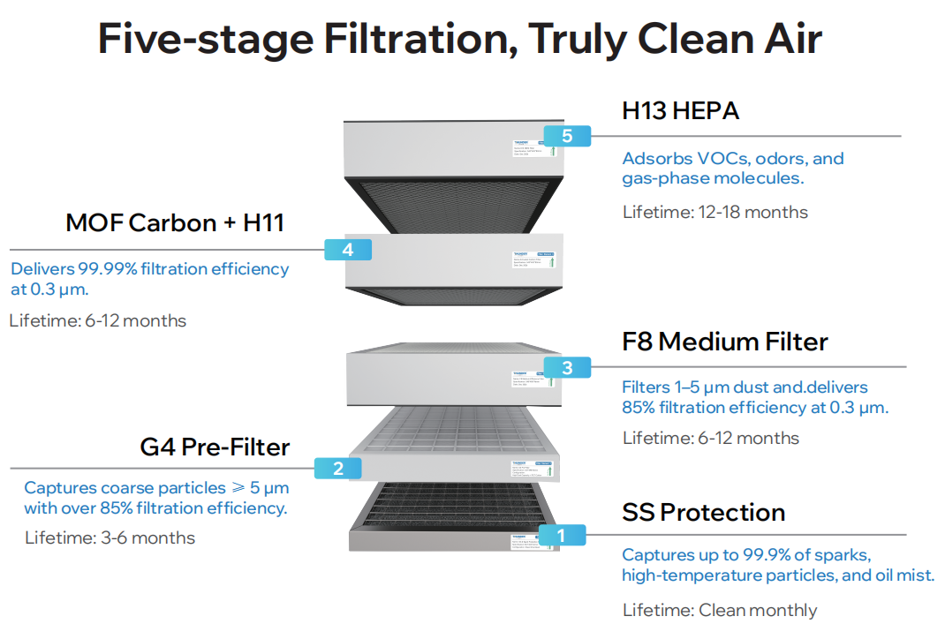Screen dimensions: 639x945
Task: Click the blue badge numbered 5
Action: pyautogui.click(x=567, y=136)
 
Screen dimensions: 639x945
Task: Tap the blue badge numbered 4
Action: pyautogui.click(x=347, y=250)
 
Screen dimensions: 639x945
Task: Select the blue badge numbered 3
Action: pyautogui.click(x=567, y=368)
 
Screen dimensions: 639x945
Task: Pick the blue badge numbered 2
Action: pyautogui.click(x=337, y=469)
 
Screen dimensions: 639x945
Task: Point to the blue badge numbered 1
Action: pyautogui.click(x=559, y=535)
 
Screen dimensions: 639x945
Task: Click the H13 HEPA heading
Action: pyautogui.click(x=680, y=111)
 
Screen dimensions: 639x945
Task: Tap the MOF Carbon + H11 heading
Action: pyautogui.click(x=175, y=222)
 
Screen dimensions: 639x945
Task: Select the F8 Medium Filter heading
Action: pyautogui.click(x=725, y=342)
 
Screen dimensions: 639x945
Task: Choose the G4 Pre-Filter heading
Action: pyautogui.click(x=215, y=447)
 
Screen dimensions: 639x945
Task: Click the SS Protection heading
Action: pyautogui.click(x=703, y=512)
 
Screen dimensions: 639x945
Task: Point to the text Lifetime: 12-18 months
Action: pyautogui.click(x=714, y=212)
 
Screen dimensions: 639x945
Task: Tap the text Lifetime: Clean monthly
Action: pyautogui.click(x=720, y=610)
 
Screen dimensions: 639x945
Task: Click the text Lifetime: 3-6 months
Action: pyautogui.click(x=110, y=538)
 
